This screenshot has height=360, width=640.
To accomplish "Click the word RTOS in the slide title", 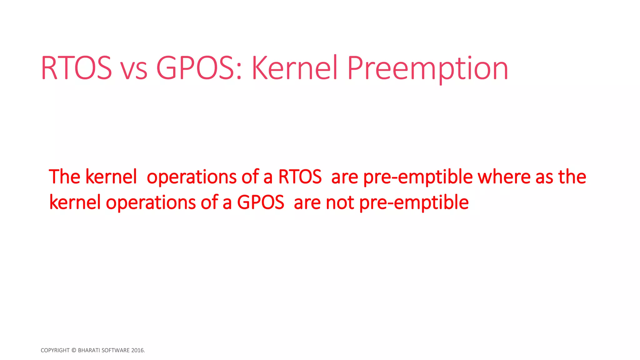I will (76, 68).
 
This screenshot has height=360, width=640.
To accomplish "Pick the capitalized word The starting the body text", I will (65, 177).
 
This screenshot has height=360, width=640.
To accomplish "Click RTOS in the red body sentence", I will (300, 177).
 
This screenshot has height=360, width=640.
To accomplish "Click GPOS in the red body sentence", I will (261, 202).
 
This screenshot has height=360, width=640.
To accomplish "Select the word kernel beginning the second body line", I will (75, 202).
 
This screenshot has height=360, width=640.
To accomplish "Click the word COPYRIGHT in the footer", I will (55, 350).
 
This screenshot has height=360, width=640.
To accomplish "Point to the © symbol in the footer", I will (74, 350).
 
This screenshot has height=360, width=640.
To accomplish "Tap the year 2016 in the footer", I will (137, 350).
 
